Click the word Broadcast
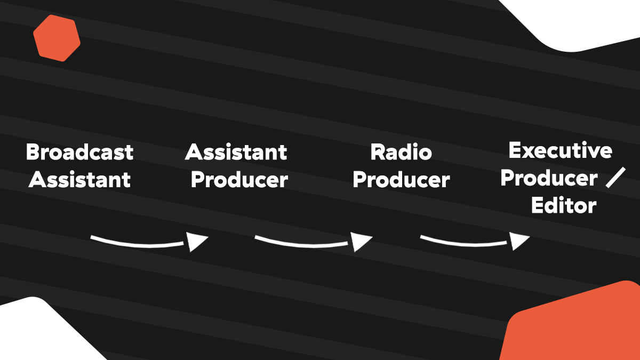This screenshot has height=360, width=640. [x=79, y=152]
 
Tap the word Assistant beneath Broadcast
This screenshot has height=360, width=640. [x=79, y=180]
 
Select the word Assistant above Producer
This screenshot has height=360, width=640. [x=236, y=152]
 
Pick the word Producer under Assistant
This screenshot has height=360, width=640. [x=239, y=180]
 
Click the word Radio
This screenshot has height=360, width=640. [x=401, y=152]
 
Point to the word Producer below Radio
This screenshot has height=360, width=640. [x=401, y=180]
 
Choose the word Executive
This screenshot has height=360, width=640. [x=561, y=150]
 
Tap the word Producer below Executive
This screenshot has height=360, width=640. [x=549, y=178]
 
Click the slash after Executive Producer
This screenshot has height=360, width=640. [x=615, y=178]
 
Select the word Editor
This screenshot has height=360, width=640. [x=564, y=205]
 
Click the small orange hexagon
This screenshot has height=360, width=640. [x=57, y=38]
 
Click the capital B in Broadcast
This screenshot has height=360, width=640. [x=33, y=152]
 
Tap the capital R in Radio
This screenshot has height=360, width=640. [x=377, y=152]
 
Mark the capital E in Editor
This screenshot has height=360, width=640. [x=537, y=205]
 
